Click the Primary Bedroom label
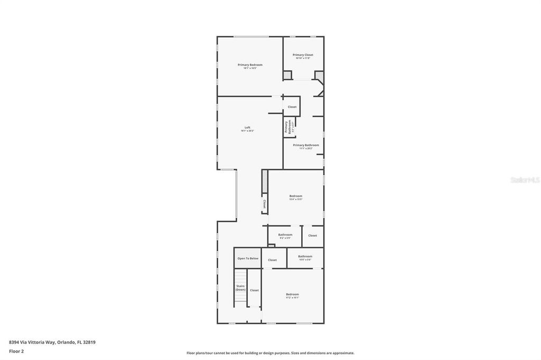click(250, 65)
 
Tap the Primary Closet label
click(303, 55)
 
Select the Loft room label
click(247, 128)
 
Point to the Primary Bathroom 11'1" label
click(306, 145)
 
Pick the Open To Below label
click(248, 259)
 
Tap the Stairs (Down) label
click(240, 288)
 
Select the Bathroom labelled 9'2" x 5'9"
click(285, 235)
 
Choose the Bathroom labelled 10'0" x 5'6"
click(305, 257)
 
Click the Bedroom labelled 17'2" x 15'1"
click(292, 295)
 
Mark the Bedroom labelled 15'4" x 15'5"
click(295, 196)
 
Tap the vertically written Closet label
click(264, 203)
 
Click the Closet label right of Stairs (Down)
click(254, 290)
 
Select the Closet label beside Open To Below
click(272, 260)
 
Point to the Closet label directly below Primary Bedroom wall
click(292, 107)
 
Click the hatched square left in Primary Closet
click(287, 75)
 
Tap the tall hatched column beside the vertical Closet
click(264, 182)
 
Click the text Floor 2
click(16, 351)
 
